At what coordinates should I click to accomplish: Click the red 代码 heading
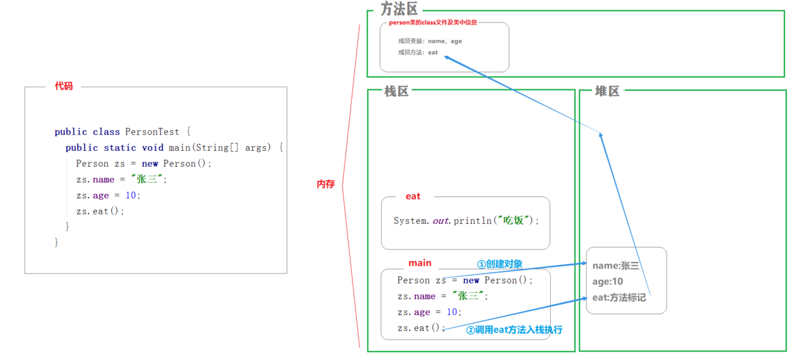click(x=64, y=86)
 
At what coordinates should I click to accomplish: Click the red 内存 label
click(x=325, y=184)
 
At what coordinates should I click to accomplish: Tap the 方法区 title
click(x=399, y=9)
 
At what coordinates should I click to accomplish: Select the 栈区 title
click(x=396, y=91)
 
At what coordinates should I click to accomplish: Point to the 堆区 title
click(x=607, y=91)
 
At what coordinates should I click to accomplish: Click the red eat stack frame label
click(x=413, y=196)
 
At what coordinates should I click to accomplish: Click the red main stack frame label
click(x=420, y=262)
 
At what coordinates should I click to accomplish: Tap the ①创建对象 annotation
click(x=499, y=264)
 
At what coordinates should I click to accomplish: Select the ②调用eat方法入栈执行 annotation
click(x=514, y=330)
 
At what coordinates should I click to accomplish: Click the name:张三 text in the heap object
click(x=616, y=266)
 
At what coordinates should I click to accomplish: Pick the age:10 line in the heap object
click(x=607, y=281)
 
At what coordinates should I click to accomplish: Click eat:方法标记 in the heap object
click(x=619, y=297)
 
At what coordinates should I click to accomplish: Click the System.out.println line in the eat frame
click(x=466, y=221)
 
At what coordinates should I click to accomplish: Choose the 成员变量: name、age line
click(x=429, y=41)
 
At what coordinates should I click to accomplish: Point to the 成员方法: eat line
click(x=417, y=53)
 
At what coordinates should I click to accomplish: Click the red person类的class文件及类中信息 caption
click(x=433, y=22)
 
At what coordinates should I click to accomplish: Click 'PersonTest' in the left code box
click(x=152, y=132)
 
